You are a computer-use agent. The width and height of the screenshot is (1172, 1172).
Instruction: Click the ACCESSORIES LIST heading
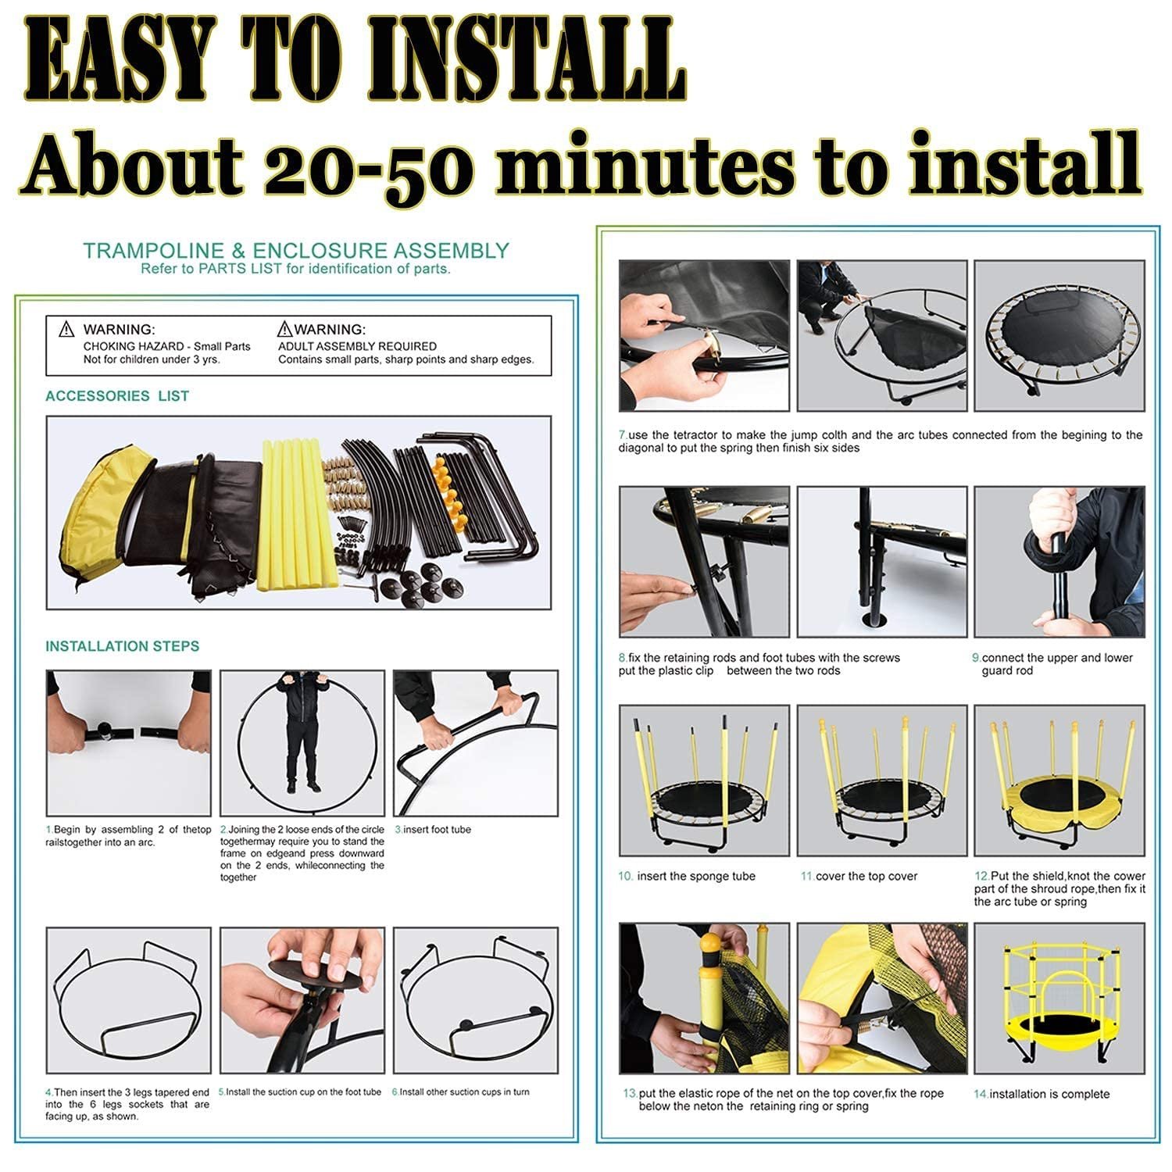pyautogui.click(x=117, y=396)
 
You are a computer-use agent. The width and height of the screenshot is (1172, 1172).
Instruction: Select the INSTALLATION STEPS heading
pyautogui.click(x=123, y=646)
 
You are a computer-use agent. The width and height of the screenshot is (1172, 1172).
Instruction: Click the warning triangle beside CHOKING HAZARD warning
pyautogui.click(x=67, y=330)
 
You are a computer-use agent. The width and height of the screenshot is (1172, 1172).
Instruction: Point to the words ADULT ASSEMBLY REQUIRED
pyautogui.click(x=358, y=346)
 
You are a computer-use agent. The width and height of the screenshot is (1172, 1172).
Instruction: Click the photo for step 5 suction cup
pyautogui.click(x=302, y=1000)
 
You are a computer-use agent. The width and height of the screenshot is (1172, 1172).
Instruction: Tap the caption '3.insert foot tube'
pyautogui.click(x=433, y=830)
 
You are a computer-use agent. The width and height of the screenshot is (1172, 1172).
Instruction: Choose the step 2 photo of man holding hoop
pyautogui.click(x=302, y=742)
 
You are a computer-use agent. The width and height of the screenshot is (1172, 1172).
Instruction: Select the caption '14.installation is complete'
pyautogui.click(x=1042, y=1094)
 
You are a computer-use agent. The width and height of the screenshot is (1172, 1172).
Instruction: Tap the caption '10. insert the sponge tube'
pyautogui.click(x=687, y=877)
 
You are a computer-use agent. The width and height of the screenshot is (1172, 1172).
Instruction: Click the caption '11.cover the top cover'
pyautogui.click(x=859, y=877)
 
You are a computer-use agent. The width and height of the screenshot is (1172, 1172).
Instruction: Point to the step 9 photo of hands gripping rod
pyautogui.click(x=1059, y=562)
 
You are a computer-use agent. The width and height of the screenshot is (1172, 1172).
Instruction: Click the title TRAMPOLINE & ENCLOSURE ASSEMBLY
pyautogui.click(x=296, y=251)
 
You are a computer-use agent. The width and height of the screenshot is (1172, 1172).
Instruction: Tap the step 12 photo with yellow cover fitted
pyautogui.click(x=1059, y=780)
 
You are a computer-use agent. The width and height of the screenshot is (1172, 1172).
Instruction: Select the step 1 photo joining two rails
pyautogui.click(x=129, y=742)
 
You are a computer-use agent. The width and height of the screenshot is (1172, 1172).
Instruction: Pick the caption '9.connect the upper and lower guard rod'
pyautogui.click(x=1053, y=664)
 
